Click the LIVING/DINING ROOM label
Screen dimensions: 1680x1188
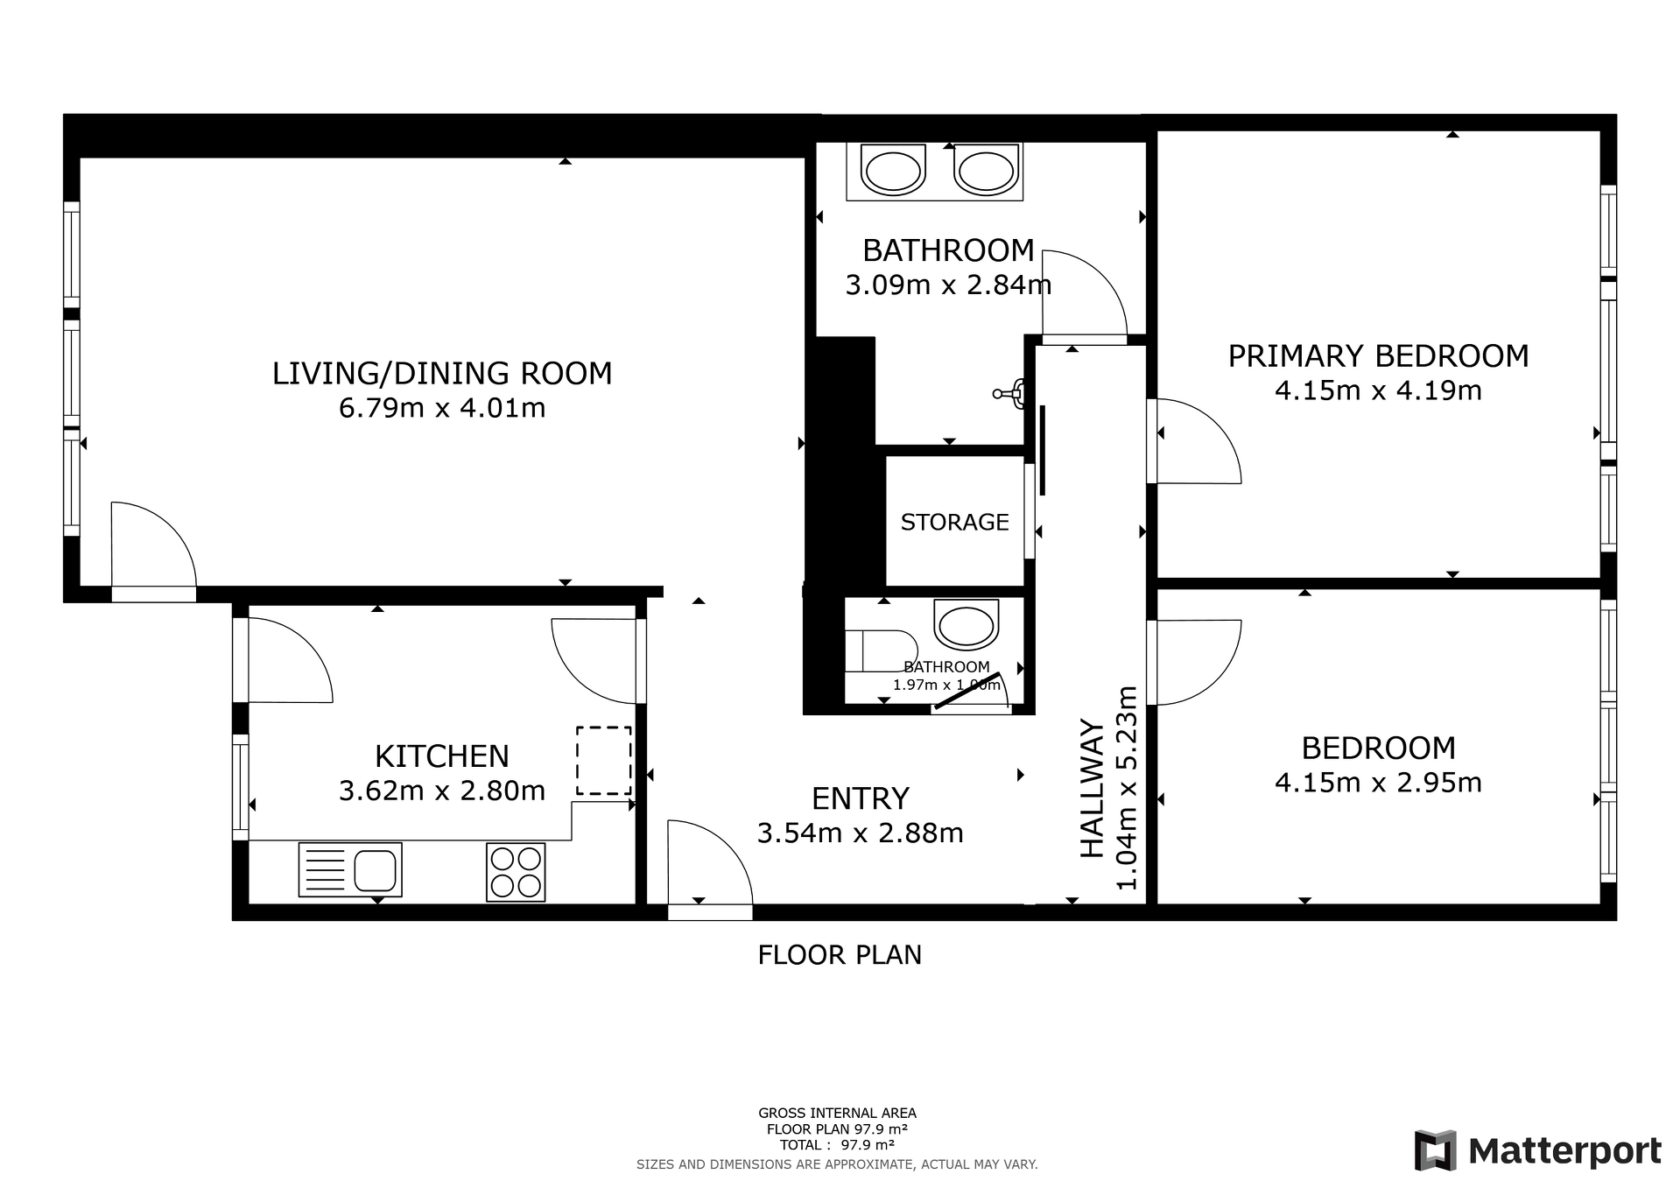pyautogui.click(x=442, y=374)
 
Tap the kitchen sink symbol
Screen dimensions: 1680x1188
pyautogui.click(x=350, y=869)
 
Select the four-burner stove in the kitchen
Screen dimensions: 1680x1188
pyautogui.click(x=516, y=872)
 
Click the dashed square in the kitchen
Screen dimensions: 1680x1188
pyautogui.click(x=603, y=760)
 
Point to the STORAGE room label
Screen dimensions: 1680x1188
pyautogui.click(x=955, y=522)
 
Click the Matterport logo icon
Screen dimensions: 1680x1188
pyautogui.click(x=1435, y=1150)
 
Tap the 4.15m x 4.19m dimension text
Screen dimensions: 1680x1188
pyautogui.click(x=1378, y=390)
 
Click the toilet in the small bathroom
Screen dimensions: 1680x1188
pyautogui.click(x=881, y=650)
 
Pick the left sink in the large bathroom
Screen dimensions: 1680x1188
pyautogui.click(x=893, y=171)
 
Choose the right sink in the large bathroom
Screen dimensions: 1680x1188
pyautogui.click(x=987, y=171)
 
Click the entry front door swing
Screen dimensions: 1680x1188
pyautogui.click(x=710, y=862)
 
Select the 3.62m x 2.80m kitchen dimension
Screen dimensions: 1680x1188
pyautogui.click(x=442, y=791)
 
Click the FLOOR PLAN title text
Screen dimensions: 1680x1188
pyautogui.click(x=840, y=955)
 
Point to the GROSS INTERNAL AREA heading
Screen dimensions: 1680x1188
pyautogui.click(x=837, y=1114)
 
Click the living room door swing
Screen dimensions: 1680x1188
pyautogui.click(x=154, y=544)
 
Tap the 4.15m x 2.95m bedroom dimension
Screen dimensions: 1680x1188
pyautogui.click(x=1378, y=783)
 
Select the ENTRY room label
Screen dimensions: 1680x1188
pyautogui.click(x=861, y=799)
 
